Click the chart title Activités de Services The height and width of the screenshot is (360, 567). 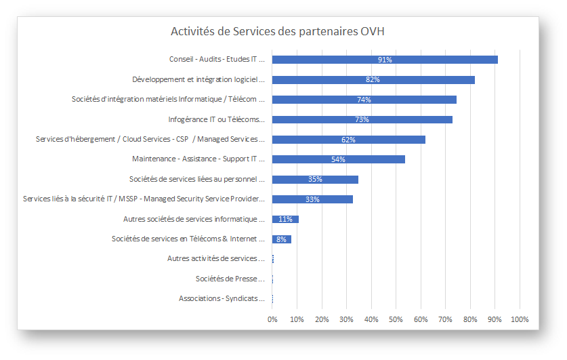(x=278, y=31)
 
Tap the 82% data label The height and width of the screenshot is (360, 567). (x=373, y=80)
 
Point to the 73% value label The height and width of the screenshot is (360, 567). (x=362, y=120)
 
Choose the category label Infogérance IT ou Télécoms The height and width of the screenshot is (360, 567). (x=216, y=119)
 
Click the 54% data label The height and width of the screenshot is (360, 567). (x=338, y=159)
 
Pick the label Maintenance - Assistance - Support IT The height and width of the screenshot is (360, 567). (x=198, y=159)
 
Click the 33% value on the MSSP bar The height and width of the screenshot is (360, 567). (x=312, y=199)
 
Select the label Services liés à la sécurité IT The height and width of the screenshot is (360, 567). (x=143, y=199)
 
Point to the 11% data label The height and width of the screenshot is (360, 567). (x=285, y=219)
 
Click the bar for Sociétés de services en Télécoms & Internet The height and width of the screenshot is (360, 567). (x=281, y=239)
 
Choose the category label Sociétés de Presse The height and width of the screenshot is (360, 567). (x=230, y=279)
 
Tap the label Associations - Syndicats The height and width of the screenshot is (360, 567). (x=222, y=298)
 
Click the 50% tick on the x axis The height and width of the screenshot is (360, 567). (x=396, y=319)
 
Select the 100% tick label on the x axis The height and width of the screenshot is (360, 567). (x=519, y=319)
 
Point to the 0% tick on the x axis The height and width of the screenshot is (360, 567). (x=272, y=319)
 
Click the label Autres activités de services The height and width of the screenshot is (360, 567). (x=215, y=258)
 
